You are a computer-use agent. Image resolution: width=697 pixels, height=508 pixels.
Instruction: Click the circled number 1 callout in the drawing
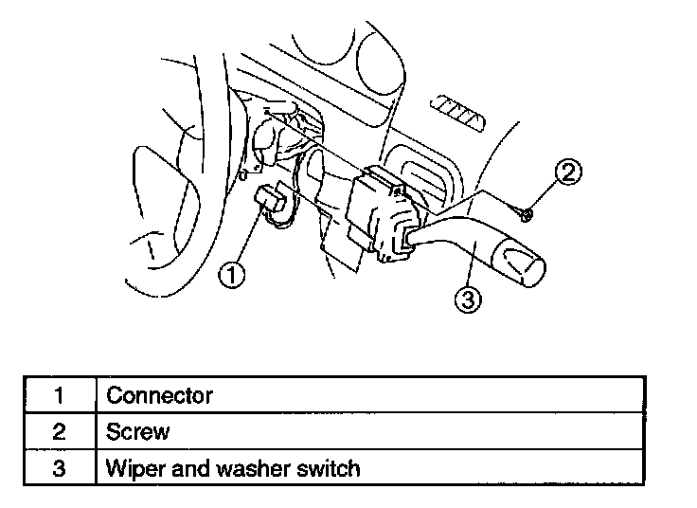tap(233, 275)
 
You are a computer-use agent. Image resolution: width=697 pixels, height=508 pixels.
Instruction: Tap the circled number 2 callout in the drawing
tap(568, 173)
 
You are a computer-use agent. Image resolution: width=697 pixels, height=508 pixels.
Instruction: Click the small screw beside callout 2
tap(527, 214)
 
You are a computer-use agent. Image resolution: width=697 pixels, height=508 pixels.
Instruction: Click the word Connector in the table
tap(159, 395)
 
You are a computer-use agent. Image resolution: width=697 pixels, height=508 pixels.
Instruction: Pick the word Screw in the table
tap(138, 431)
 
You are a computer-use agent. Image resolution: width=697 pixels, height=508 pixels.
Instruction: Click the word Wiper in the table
tap(133, 468)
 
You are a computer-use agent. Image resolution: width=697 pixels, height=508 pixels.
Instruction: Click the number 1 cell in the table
tap(59, 395)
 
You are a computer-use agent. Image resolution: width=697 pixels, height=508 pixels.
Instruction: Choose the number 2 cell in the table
tap(59, 431)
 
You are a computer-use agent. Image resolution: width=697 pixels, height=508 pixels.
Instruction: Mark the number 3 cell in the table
tap(59, 468)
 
